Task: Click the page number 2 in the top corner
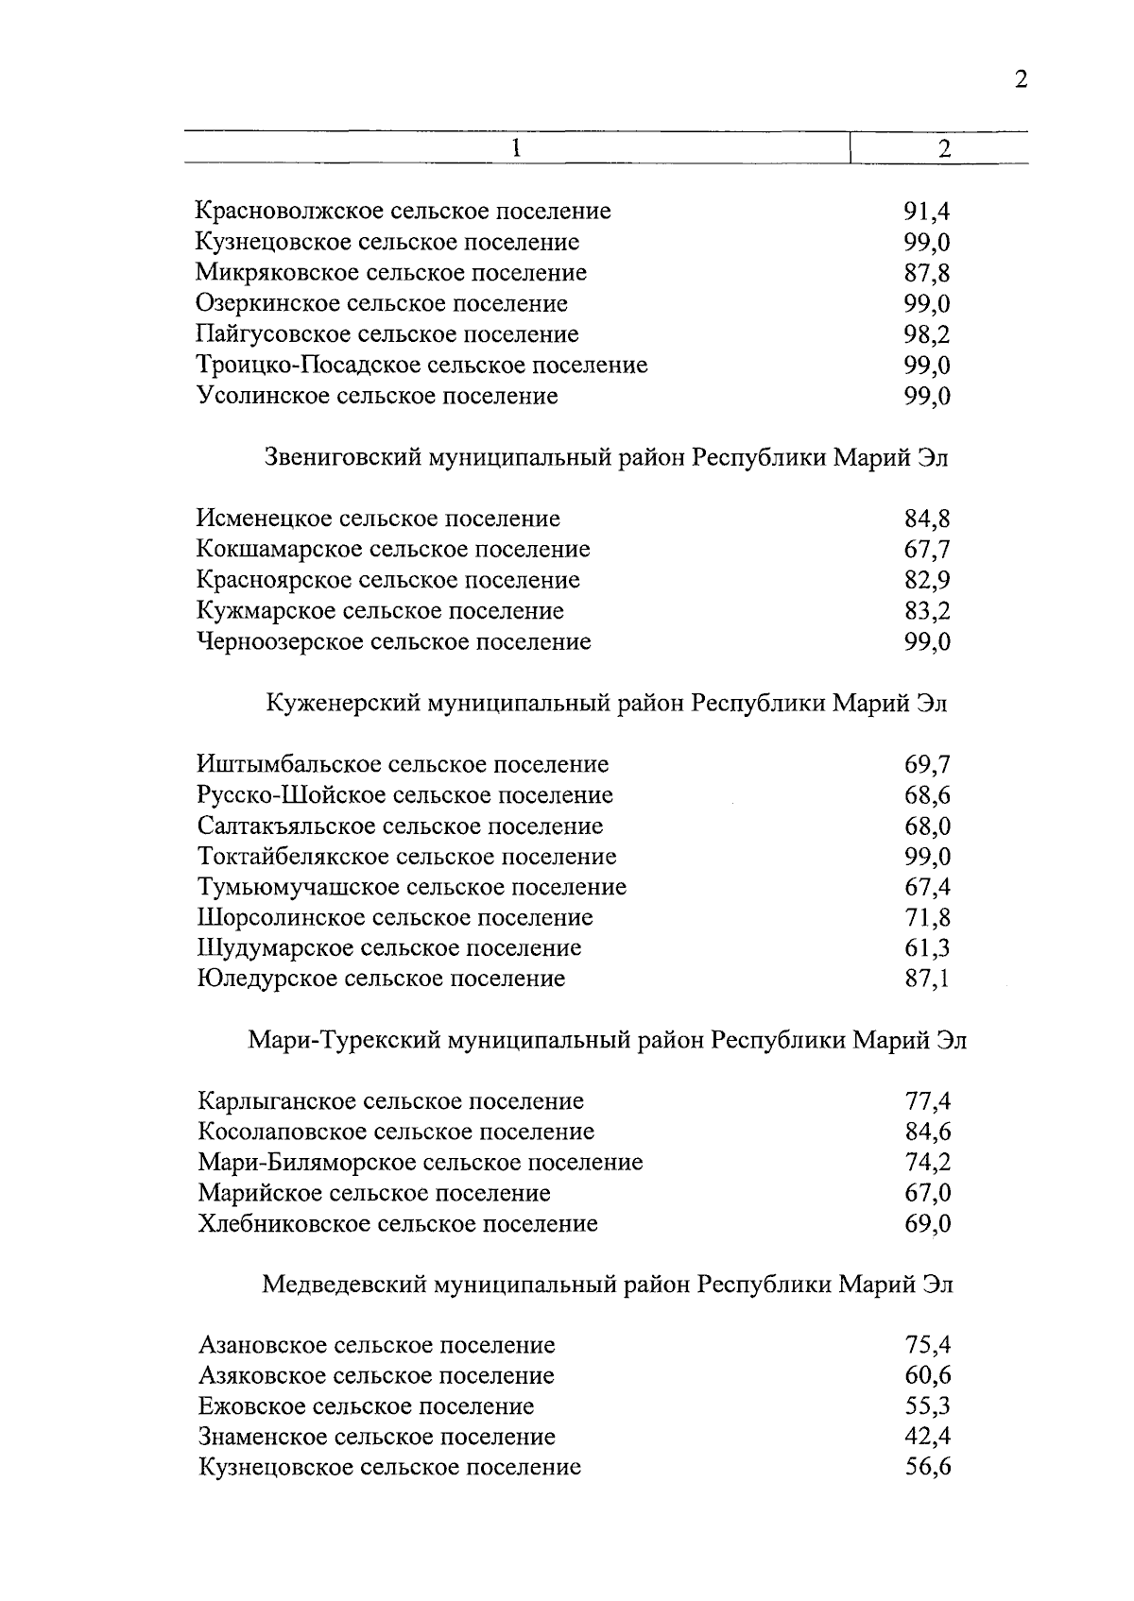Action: [x=1020, y=79]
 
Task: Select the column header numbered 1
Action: [x=516, y=148]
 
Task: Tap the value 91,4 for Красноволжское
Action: [x=926, y=212]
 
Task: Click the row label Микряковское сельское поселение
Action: [x=391, y=273]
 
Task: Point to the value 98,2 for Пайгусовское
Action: [x=926, y=334]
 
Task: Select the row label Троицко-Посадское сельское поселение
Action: [x=421, y=365]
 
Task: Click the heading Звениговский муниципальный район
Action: [x=605, y=458]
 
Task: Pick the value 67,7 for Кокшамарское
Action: [x=926, y=550]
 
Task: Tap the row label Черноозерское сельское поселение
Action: [x=394, y=642]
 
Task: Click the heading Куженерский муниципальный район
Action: [x=607, y=704]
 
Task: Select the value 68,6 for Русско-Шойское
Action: [x=926, y=795]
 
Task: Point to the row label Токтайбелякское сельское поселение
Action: [x=407, y=857]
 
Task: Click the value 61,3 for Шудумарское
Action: [x=926, y=948]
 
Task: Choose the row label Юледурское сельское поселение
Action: [x=382, y=979]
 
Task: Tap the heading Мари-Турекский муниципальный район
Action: [x=607, y=1041]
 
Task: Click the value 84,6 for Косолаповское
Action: [x=926, y=1132]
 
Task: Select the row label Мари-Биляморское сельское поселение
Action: [x=421, y=1163]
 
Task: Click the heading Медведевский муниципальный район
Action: [x=607, y=1285]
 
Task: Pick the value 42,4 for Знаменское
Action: [x=926, y=1437]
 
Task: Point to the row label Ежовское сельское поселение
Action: [x=367, y=1406]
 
